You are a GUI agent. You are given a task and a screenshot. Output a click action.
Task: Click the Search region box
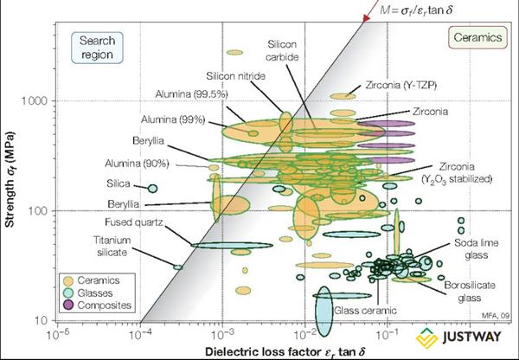click(x=97, y=48)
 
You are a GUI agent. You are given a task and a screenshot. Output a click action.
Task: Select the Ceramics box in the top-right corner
click(x=477, y=37)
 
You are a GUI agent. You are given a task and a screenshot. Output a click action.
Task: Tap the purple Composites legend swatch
click(x=68, y=305)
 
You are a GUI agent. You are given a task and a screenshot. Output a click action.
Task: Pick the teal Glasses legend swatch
click(x=68, y=292)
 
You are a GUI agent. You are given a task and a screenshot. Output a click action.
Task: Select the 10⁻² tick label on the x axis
click(x=304, y=336)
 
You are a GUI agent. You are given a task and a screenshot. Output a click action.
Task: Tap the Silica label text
click(x=119, y=183)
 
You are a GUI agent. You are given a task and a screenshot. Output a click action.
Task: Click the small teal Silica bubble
click(x=152, y=189)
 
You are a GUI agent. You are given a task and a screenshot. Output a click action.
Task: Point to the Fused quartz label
click(x=134, y=222)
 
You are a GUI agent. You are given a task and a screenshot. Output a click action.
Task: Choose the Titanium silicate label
click(x=112, y=246)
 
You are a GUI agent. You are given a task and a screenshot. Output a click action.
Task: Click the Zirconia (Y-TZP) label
click(x=400, y=86)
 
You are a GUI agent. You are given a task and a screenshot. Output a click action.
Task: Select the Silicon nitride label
click(x=235, y=76)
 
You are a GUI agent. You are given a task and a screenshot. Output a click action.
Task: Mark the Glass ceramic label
click(x=365, y=311)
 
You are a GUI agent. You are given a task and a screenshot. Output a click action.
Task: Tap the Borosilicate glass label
click(x=470, y=292)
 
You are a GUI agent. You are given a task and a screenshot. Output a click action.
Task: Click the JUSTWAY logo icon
click(x=426, y=337)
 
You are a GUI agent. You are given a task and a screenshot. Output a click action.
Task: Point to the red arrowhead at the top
click(x=366, y=17)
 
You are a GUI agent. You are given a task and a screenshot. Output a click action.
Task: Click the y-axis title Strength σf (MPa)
click(x=10, y=180)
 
